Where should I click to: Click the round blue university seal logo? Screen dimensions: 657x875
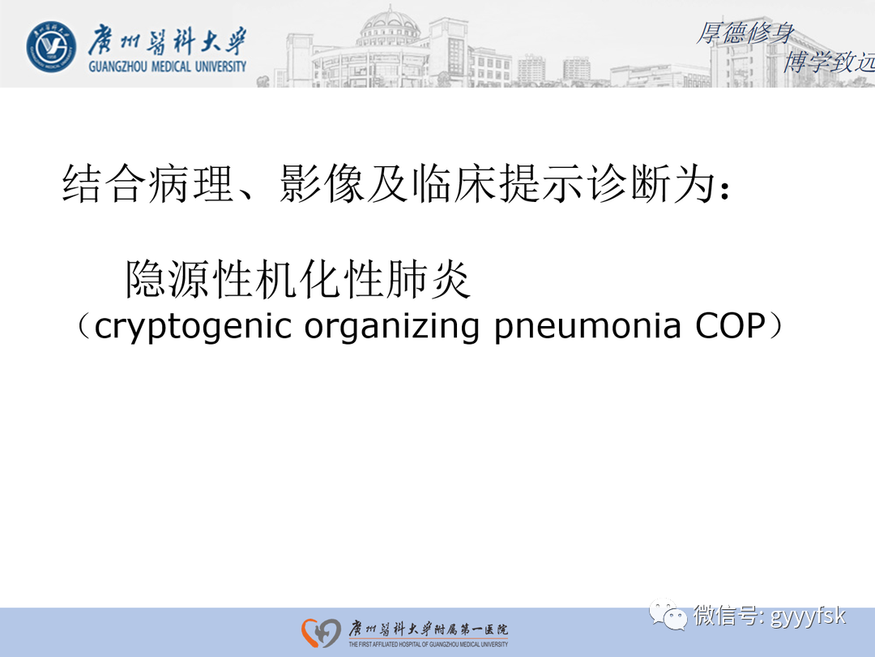[52, 45]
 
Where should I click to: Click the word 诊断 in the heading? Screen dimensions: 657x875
[623, 184]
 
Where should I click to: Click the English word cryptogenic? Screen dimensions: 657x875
[193, 326]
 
